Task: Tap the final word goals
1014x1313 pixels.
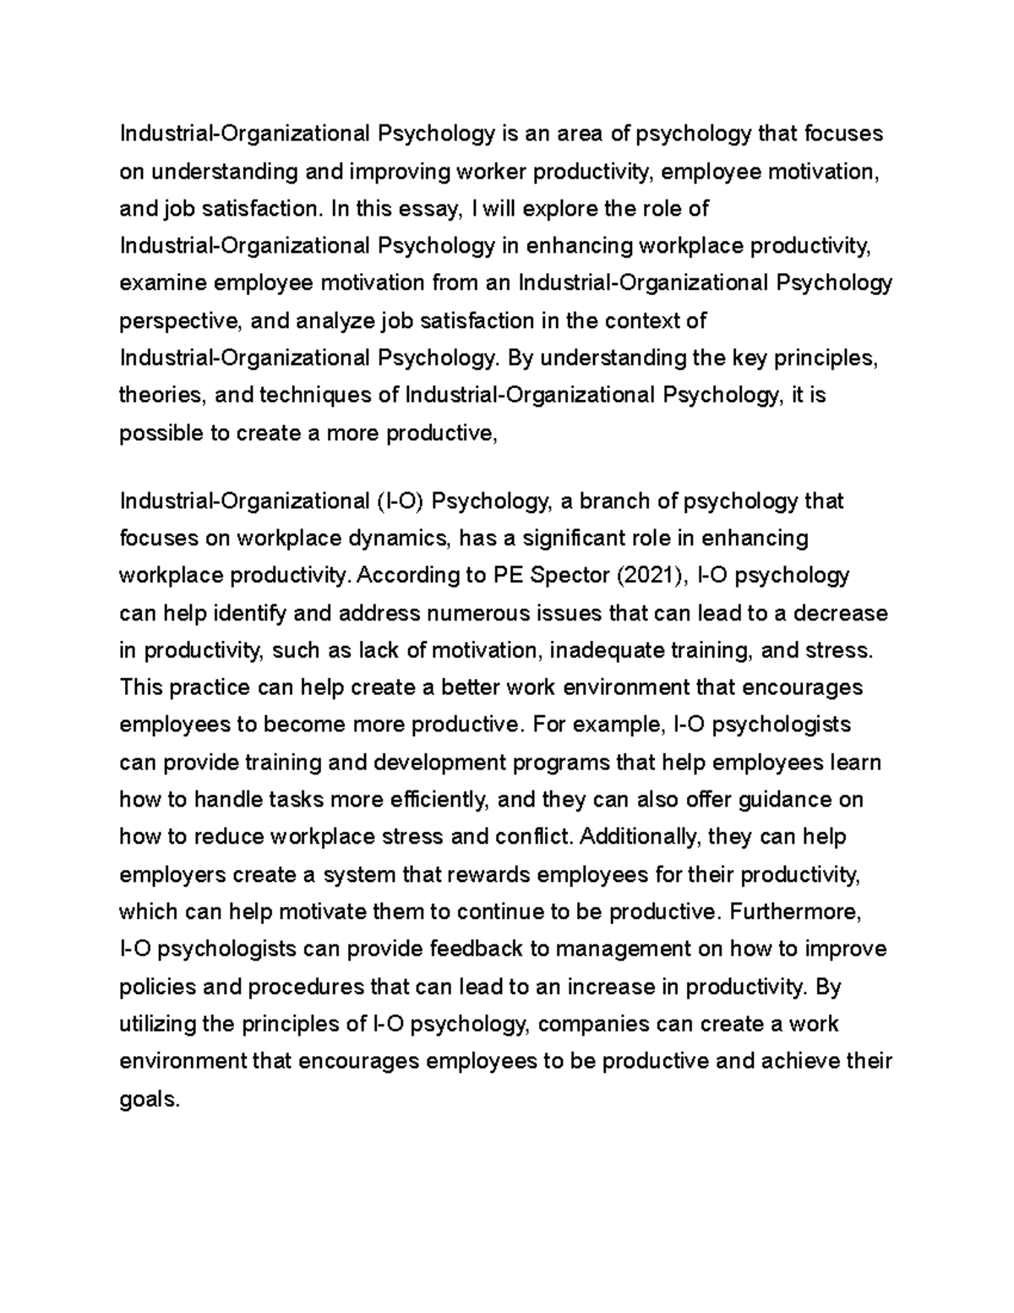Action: (150, 1100)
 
